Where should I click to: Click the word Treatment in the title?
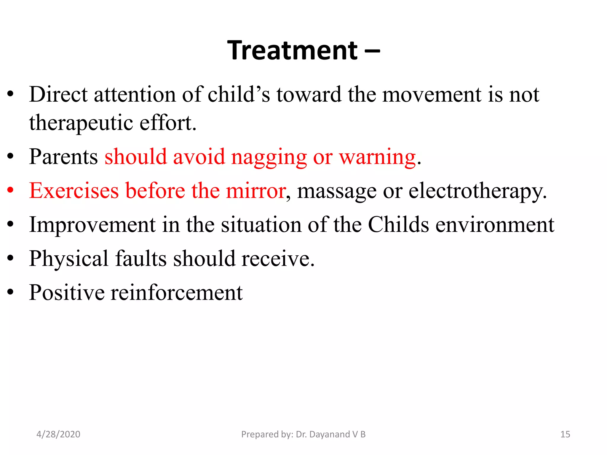[x=293, y=51]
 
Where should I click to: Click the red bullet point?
[x=11, y=190]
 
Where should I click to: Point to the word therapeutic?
[x=81, y=123]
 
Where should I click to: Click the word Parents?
[x=63, y=157]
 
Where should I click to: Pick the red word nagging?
[x=269, y=158]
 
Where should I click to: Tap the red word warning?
[x=377, y=158]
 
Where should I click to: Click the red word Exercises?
[x=74, y=190]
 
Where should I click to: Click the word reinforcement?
[x=177, y=293]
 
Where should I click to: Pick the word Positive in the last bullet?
[x=67, y=293]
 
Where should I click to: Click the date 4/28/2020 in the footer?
[x=58, y=434]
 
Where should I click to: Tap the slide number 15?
[x=565, y=434]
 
